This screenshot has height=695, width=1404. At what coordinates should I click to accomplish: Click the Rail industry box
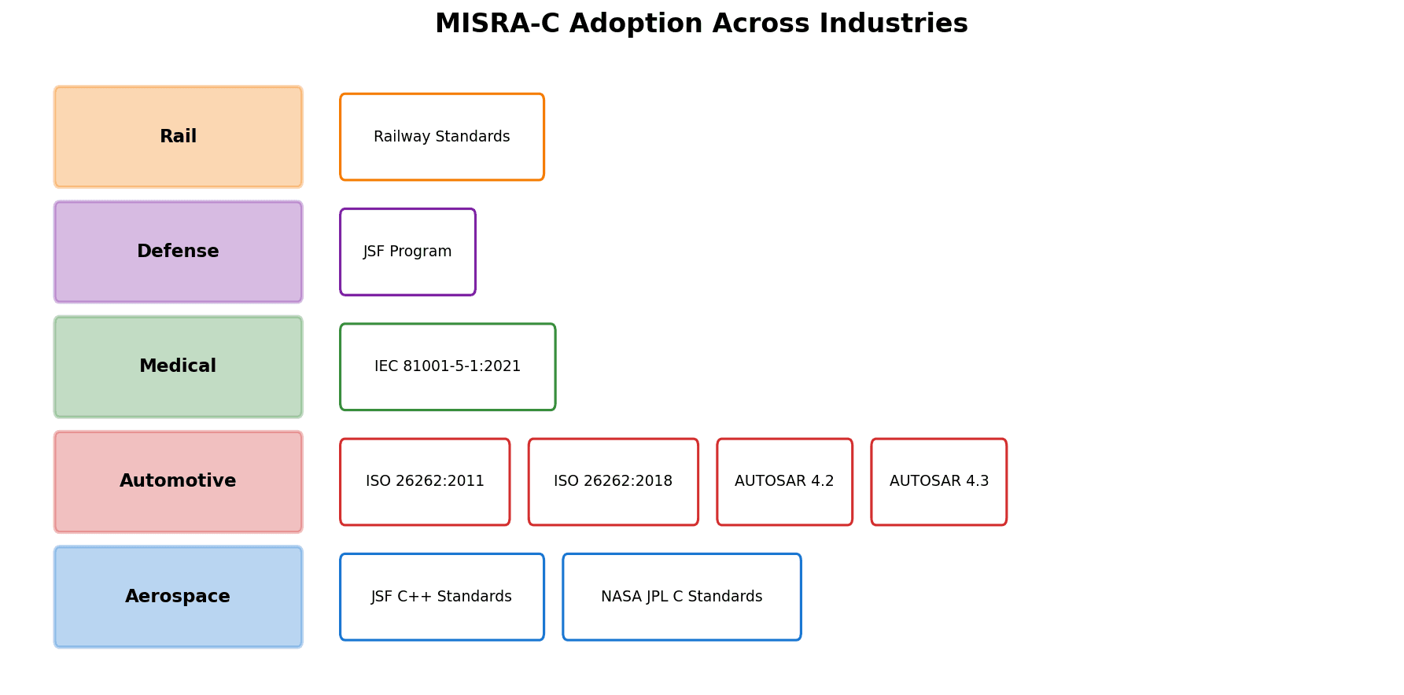click(x=178, y=137)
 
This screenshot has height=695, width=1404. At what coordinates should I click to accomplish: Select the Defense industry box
click(x=178, y=252)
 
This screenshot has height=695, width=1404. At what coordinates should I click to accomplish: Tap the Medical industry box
click(x=178, y=366)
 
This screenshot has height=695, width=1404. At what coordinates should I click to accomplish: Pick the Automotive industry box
click(x=178, y=481)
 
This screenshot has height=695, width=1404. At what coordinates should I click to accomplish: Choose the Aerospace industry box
click(x=178, y=597)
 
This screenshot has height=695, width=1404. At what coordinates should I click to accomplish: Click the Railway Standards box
click(x=441, y=137)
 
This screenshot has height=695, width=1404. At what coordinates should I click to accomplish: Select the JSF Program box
click(x=407, y=252)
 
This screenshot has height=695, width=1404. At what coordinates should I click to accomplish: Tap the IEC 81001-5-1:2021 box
click(x=448, y=366)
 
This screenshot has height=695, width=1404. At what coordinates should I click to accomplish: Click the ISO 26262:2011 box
click(x=425, y=481)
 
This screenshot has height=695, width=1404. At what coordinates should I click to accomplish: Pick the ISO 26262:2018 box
click(x=613, y=481)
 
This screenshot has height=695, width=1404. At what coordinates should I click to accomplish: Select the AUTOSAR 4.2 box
click(x=784, y=481)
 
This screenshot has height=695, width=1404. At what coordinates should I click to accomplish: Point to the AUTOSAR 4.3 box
click(x=938, y=481)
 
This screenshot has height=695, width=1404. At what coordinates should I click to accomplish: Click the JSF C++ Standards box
click(x=441, y=597)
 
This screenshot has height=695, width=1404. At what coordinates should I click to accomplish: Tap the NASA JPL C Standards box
click(x=681, y=597)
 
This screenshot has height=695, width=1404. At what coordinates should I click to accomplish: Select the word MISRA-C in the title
click(x=497, y=24)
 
